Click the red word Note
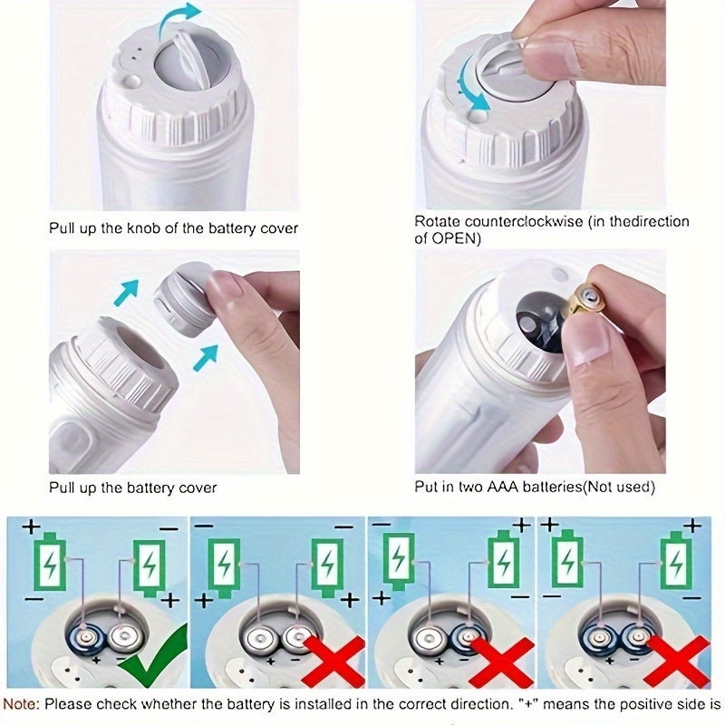click(x=20, y=704)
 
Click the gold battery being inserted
click(x=582, y=300)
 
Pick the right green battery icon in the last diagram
click(x=675, y=560)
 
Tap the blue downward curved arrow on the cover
click(x=468, y=86)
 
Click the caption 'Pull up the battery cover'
click(x=132, y=488)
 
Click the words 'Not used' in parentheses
click(x=622, y=487)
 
